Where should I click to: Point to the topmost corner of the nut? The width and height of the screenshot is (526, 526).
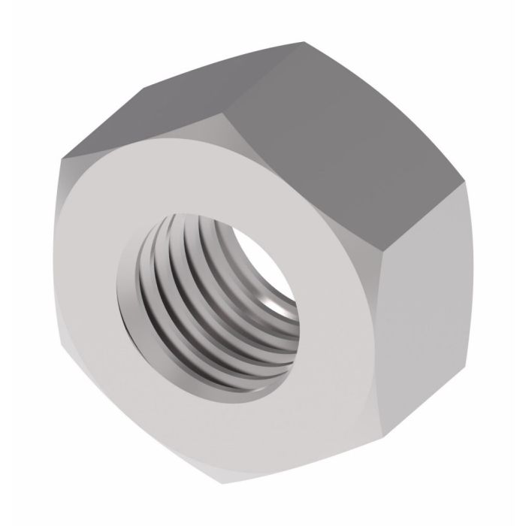click(x=304, y=42)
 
